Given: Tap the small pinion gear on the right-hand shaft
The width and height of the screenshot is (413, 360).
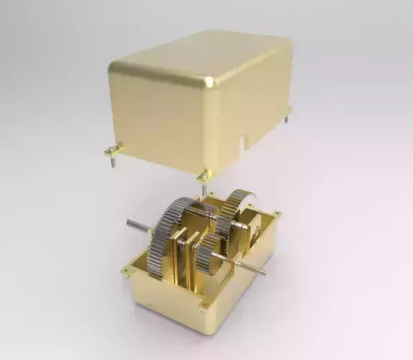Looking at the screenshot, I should pyautogui.click(x=210, y=256).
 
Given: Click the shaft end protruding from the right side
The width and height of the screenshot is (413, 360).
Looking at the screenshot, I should pyautogui.click(x=262, y=272).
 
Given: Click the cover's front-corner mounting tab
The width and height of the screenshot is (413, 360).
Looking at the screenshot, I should pyautogui.click(x=204, y=175).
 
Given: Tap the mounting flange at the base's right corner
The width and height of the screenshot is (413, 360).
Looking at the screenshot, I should pyautogui.click(x=276, y=213).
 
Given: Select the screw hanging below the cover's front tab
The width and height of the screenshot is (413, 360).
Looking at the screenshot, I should pyautogui.click(x=201, y=186).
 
